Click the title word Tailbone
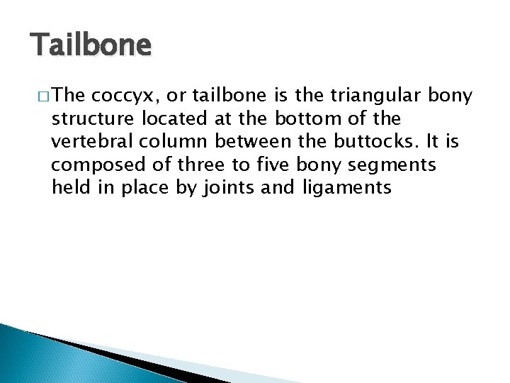91,45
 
